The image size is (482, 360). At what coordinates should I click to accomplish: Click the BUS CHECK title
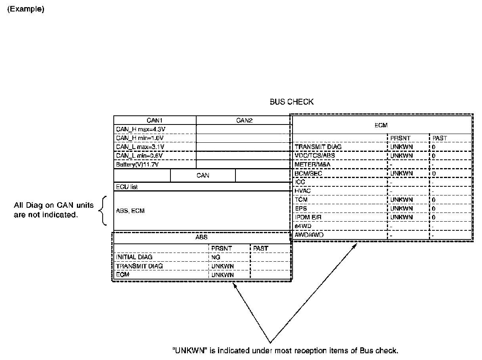291,102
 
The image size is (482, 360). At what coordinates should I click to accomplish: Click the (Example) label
26,10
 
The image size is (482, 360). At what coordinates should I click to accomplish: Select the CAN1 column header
155,120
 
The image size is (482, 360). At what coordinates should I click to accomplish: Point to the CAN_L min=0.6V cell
140,155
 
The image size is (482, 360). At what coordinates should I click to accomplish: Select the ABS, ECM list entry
130,211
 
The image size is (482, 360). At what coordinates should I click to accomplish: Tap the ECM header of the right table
381,125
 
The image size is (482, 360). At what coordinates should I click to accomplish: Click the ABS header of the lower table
201,237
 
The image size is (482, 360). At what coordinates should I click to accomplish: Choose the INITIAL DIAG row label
134,257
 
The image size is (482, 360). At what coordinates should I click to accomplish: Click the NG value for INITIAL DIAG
216,257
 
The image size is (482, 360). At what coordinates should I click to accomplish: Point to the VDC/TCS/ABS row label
315,155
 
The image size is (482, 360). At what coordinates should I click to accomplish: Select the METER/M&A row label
313,164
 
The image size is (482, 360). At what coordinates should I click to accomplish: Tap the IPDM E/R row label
308,217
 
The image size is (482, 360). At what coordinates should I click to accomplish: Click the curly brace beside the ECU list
103,211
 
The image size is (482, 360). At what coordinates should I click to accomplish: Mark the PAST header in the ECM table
440,138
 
